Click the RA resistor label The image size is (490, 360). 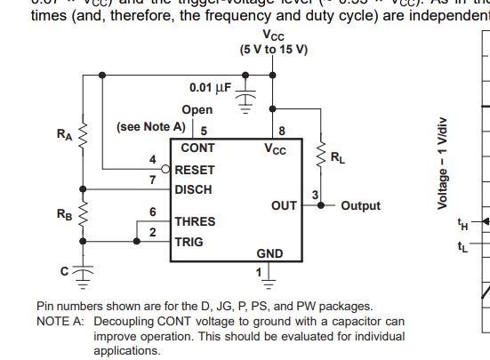[64, 135]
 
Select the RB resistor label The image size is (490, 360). [64, 214]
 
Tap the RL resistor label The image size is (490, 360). [338, 158]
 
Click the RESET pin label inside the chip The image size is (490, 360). [194, 169]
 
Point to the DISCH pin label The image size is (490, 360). [193, 188]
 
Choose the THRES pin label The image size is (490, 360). [195, 221]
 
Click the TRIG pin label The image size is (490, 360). [189, 242]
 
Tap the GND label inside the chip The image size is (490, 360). [269, 253]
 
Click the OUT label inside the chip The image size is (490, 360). [284, 205]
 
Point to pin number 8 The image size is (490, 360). [282, 131]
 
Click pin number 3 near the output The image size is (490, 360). [314, 195]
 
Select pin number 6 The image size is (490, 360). [152, 212]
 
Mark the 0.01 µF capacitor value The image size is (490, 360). [210, 88]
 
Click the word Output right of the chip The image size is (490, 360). [360, 205]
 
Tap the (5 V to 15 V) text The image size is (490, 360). [273, 49]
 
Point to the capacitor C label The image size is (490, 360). [64, 271]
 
